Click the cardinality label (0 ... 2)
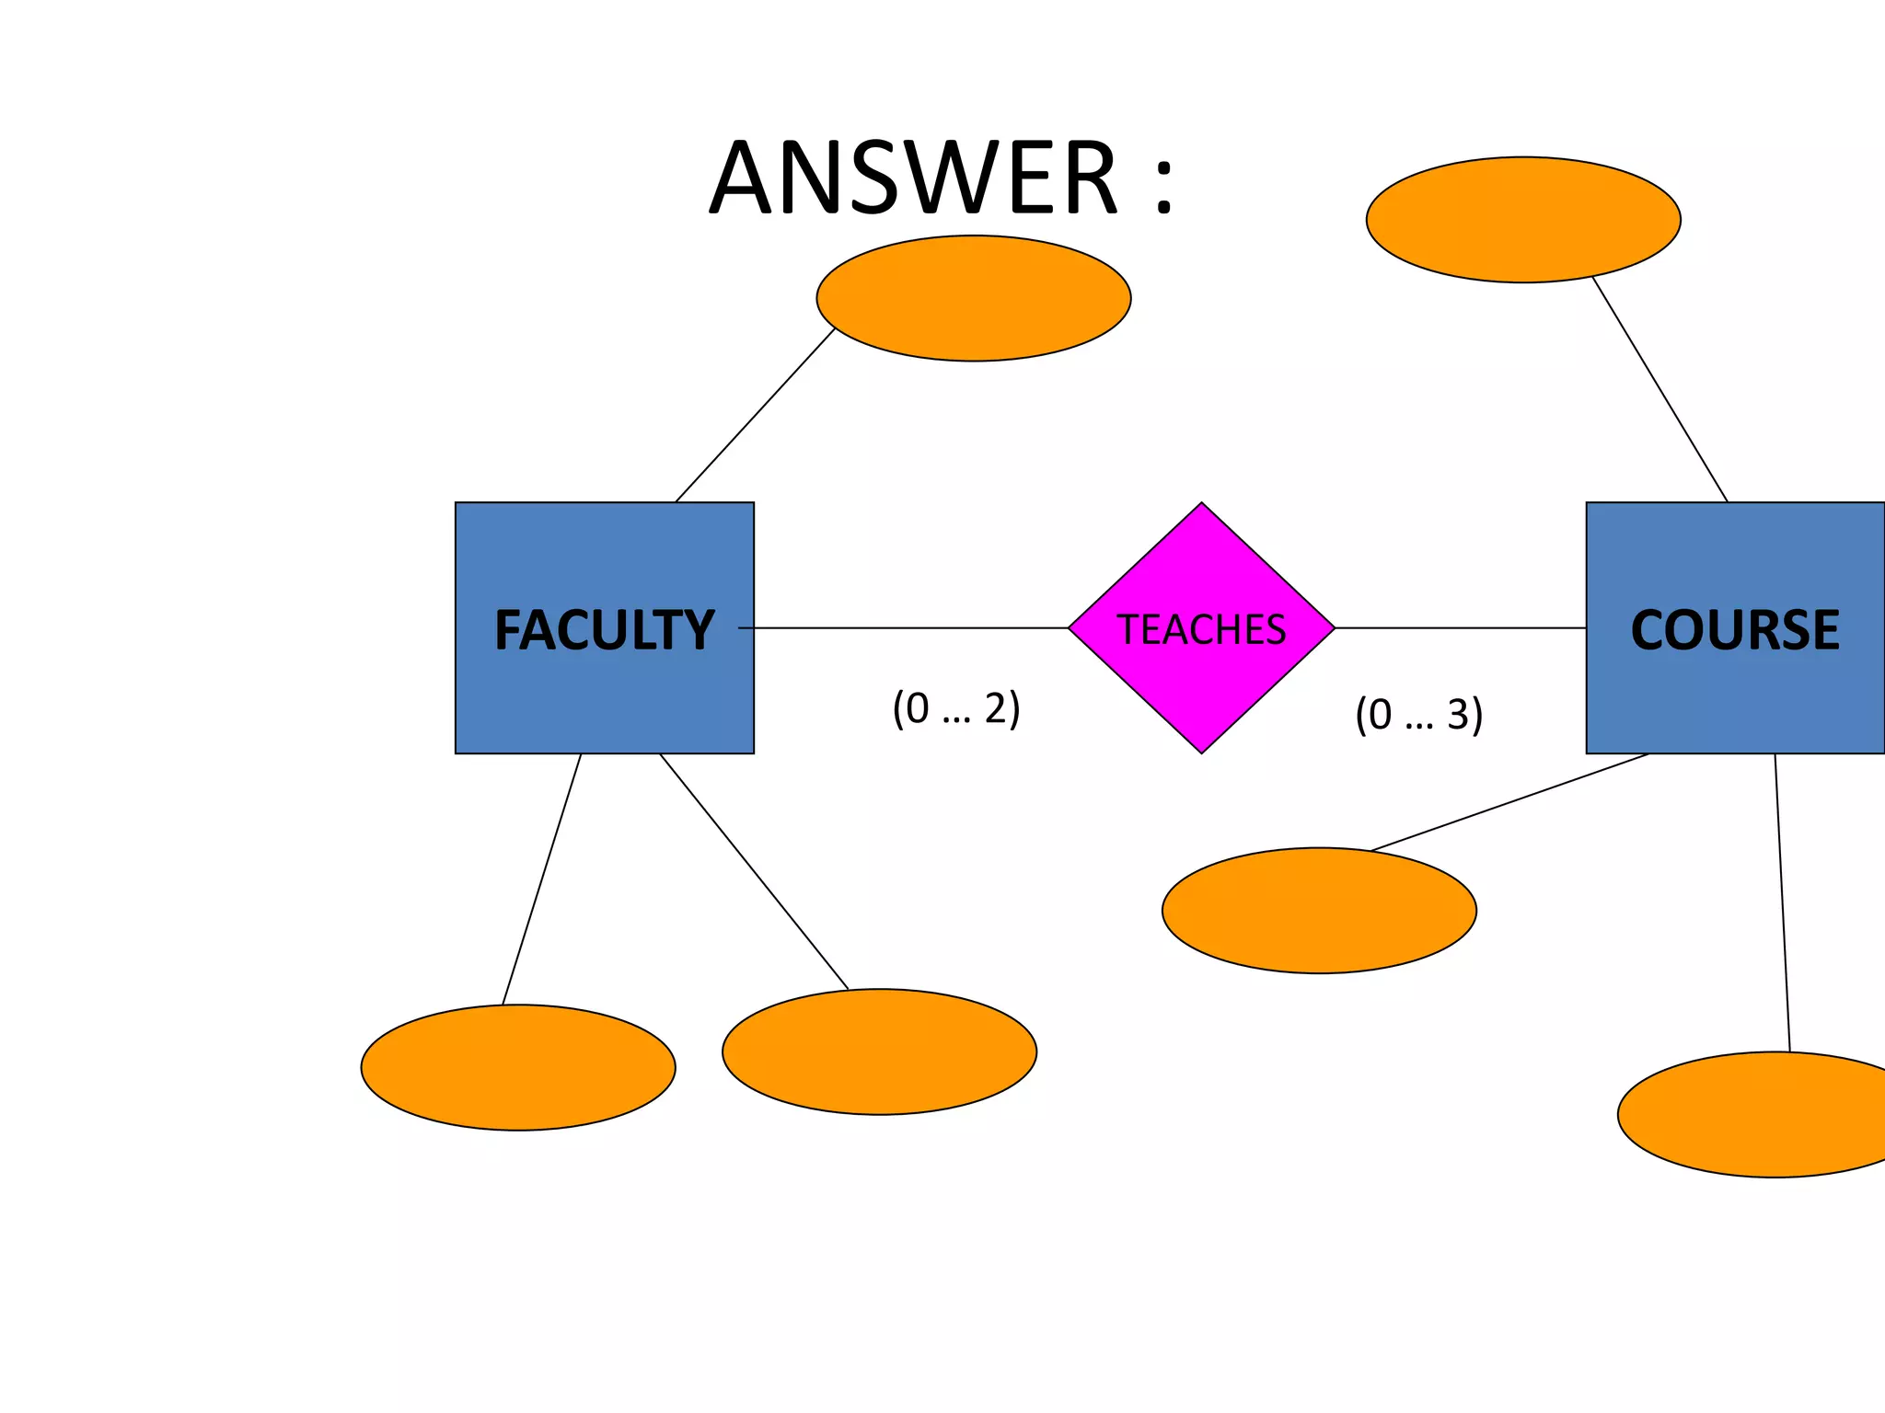tap(955, 708)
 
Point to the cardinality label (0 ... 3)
tap(1418, 714)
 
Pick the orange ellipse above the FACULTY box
tap(973, 298)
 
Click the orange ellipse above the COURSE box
tap(1523, 220)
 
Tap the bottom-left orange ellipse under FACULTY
tap(518, 1067)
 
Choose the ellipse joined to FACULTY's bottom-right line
tap(879, 1051)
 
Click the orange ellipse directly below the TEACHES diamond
tap(1319, 911)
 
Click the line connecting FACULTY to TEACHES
tap(911, 628)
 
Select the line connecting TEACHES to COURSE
tap(1460, 628)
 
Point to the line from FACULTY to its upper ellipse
tap(755, 415)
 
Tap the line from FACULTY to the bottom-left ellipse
tap(541, 879)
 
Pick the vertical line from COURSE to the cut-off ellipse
tap(1782, 902)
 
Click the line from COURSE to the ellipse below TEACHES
tap(1509, 802)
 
